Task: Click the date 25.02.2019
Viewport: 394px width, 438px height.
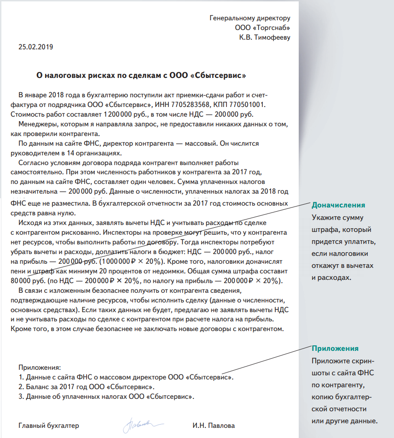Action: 36,47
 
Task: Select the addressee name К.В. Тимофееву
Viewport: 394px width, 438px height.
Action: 265,37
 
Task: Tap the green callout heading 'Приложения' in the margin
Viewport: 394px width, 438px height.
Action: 335,349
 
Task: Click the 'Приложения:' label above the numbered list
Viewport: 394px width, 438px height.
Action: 40,367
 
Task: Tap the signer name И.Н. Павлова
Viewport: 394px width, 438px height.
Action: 214,425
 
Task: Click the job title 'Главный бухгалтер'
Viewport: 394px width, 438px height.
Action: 49,425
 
